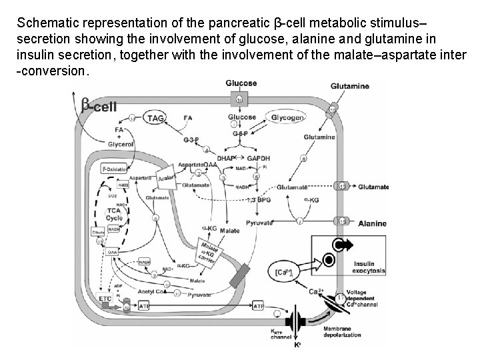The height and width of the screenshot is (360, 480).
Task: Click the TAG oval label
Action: pyautogui.click(x=155, y=117)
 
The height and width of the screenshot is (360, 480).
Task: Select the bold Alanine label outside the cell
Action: pyautogui.click(x=377, y=224)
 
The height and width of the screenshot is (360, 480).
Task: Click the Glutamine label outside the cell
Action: pyautogui.click(x=350, y=86)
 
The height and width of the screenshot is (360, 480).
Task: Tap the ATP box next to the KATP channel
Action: pyautogui.click(x=259, y=306)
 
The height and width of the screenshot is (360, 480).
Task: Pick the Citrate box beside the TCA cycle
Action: pyautogui.click(x=99, y=232)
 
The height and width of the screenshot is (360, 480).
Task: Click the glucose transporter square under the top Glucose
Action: pyautogui.click(x=241, y=99)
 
